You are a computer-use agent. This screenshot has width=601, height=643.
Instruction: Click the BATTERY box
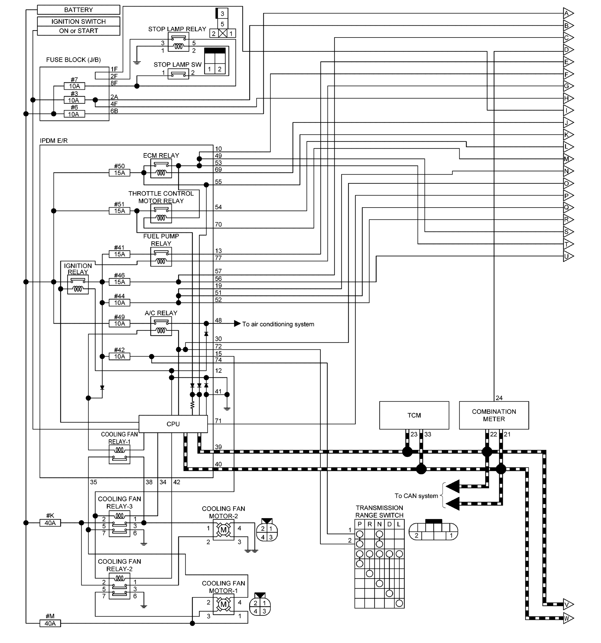78,10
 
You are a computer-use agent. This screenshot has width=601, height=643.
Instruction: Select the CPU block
173,424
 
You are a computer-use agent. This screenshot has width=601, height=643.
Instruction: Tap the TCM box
414,415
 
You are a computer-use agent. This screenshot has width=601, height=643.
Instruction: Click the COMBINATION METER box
493,415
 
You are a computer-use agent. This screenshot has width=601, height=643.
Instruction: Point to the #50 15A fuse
119,173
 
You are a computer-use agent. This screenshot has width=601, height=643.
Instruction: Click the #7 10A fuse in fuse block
74,86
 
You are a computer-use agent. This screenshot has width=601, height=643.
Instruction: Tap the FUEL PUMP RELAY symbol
161,257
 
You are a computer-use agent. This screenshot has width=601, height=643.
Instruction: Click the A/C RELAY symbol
161,326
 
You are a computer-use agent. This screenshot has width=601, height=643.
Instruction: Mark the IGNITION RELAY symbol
78,285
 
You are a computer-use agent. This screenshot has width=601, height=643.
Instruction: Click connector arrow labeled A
568,14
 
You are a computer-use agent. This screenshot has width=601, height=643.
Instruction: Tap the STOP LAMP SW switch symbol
178,74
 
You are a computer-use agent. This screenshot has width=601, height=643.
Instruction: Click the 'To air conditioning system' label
278,324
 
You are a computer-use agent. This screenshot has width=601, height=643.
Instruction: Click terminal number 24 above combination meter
499,398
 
